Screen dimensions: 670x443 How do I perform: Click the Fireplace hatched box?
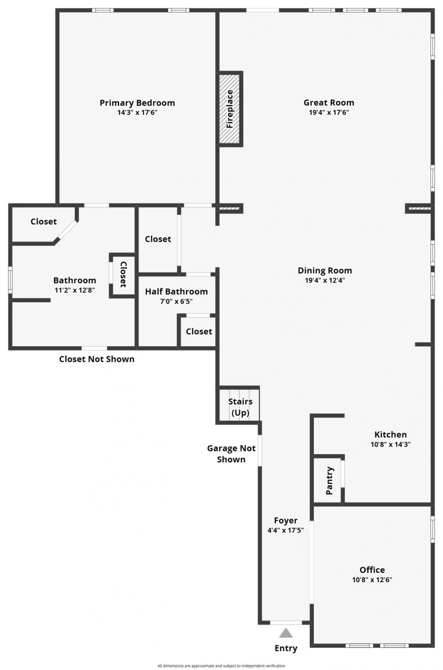tap(229, 109)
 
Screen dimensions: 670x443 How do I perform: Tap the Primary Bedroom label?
tap(137, 103)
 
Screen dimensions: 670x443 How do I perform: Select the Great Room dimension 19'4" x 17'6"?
tap(329, 112)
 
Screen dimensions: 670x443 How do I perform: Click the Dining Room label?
tap(325, 270)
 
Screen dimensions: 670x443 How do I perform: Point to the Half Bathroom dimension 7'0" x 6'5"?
tap(176, 301)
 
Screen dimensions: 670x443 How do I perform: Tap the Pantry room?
tap(328, 480)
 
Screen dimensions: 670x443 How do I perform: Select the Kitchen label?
tap(390, 435)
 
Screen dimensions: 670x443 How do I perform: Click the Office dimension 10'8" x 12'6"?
tap(372, 580)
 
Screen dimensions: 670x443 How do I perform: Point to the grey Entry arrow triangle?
tap(286, 633)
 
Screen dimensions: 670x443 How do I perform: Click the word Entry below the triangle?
tap(286, 648)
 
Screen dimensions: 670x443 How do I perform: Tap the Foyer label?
tap(286, 520)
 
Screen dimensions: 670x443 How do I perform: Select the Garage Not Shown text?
tap(231, 454)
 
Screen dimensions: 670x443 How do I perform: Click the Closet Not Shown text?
tap(97, 359)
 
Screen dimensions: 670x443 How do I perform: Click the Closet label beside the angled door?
tap(44, 222)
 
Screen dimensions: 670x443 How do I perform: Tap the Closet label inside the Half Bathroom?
tap(199, 332)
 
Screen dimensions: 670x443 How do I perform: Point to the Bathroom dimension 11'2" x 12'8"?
tap(75, 290)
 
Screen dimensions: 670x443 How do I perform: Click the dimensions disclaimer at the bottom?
tap(221, 666)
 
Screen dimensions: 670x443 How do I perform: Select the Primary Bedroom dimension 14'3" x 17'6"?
tap(137, 112)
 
